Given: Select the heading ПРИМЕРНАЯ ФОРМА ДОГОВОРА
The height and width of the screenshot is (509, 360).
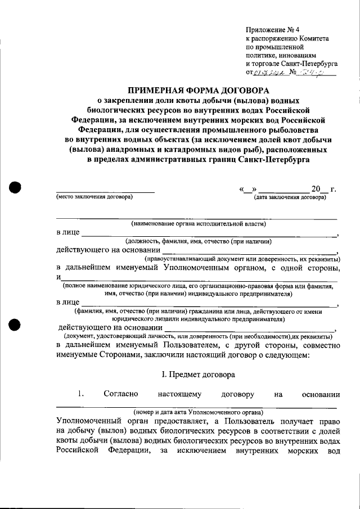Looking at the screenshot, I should pyautogui.click(x=199, y=90).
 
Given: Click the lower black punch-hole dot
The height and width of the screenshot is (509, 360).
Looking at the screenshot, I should pyautogui.click(x=15, y=325).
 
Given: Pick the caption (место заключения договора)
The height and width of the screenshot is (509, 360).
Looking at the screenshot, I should pyautogui.click(x=94, y=198).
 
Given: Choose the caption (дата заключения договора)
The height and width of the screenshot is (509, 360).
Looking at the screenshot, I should pyautogui.click(x=290, y=198).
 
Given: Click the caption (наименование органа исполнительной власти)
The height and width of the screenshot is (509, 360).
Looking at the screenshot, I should pyautogui.click(x=198, y=224).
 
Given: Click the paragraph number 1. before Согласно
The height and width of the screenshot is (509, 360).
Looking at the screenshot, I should pyautogui.click(x=82, y=394).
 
